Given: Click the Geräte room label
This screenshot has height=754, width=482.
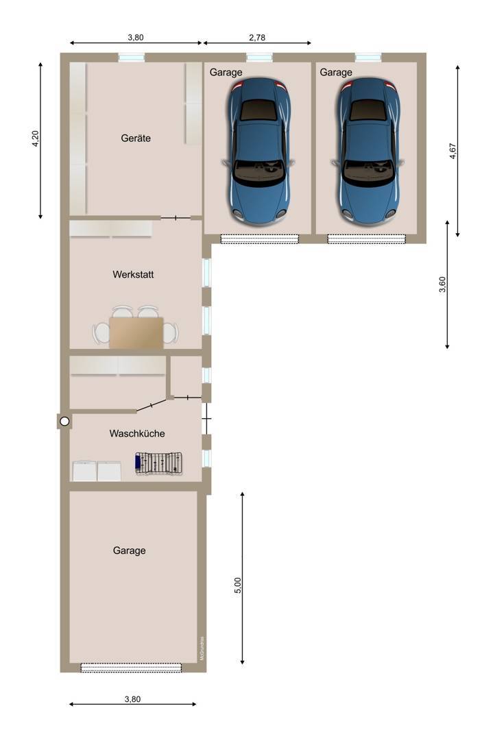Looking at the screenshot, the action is tap(136, 138).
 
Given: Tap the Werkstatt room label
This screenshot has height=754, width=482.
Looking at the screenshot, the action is tap(133, 275).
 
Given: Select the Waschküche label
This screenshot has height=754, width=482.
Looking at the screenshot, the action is tap(137, 434).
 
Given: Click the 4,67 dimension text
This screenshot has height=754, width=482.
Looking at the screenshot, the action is tap(453, 151).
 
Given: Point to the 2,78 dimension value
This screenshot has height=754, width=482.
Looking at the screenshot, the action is tap(257, 38).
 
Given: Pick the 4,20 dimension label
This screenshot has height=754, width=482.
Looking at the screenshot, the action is tap(36, 138).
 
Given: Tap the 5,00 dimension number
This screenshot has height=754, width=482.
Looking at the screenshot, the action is tap(238, 585).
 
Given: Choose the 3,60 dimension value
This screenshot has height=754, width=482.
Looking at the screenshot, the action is tap(442, 284).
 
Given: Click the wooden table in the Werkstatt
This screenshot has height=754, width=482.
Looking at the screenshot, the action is tap(136, 332).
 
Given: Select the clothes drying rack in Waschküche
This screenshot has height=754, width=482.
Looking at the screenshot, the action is tap(159, 463).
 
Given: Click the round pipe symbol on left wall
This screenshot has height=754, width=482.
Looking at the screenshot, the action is tap(64, 422).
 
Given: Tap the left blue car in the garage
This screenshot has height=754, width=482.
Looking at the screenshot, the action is tap(259, 151).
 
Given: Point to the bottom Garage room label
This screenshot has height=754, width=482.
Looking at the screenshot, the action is tap(130, 550).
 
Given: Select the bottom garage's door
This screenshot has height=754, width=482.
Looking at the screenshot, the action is tap(132, 668).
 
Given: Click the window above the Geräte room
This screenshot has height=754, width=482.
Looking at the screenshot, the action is tap(132, 58).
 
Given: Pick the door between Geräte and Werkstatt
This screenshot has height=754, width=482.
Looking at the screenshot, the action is tap(176, 218).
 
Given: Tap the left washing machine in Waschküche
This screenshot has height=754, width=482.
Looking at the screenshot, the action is tap(84, 472).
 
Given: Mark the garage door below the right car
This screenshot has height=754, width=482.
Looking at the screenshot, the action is tap(367, 239).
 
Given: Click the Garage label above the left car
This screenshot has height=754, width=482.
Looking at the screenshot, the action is tap(226, 73).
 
